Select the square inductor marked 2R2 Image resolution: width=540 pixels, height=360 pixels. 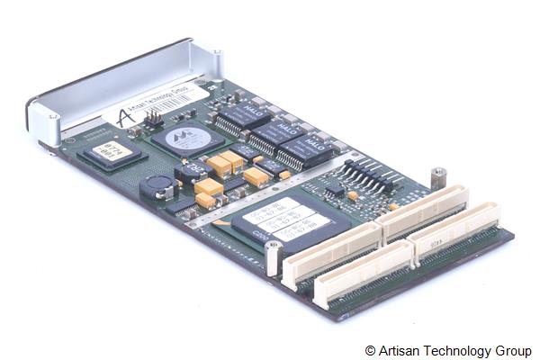pyautogui.click(x=192, y=172)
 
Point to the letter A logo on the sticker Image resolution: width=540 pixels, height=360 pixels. pyautogui.click(x=123, y=117)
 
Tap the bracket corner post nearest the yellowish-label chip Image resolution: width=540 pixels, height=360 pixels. pyautogui.click(x=52, y=116)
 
